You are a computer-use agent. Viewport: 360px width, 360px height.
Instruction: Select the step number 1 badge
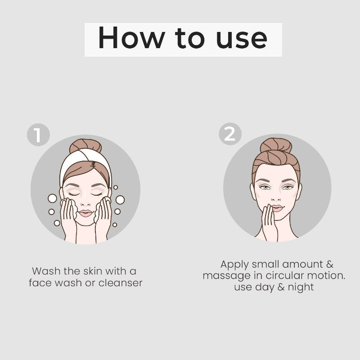click(38, 135)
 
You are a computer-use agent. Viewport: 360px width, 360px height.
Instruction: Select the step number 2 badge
click(230, 134)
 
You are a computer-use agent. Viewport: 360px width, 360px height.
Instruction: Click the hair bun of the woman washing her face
click(85, 145)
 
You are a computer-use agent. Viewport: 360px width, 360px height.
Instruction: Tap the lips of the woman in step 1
click(85, 213)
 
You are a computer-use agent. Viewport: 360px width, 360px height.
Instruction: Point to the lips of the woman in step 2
click(277, 208)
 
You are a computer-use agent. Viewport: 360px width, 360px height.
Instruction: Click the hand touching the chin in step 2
click(269, 224)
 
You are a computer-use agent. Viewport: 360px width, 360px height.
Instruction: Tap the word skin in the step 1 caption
click(93, 271)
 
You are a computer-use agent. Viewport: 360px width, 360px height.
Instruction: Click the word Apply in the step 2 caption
click(234, 265)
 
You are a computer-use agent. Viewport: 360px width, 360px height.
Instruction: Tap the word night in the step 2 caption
click(301, 288)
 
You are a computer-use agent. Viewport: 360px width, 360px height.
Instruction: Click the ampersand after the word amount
click(330, 264)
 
